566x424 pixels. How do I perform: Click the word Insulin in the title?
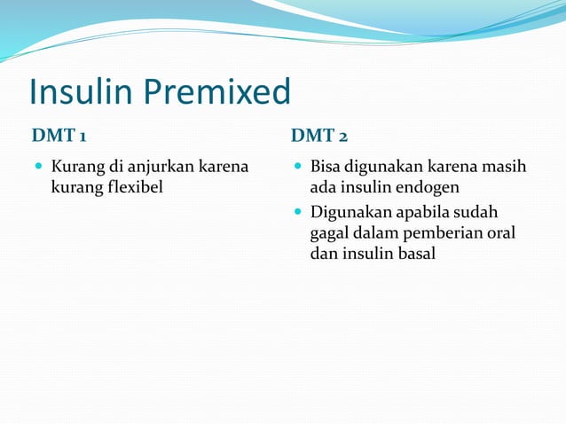pyautogui.click(x=70, y=92)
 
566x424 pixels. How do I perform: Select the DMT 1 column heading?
pyautogui.click(x=59, y=136)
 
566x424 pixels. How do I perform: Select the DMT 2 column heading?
pyautogui.click(x=319, y=136)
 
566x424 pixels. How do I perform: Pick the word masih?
pyautogui.click(x=505, y=167)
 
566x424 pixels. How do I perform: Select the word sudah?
pyautogui.click(x=477, y=213)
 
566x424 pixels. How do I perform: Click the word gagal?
pyautogui.click(x=330, y=233)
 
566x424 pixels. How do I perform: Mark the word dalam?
pyautogui.click(x=376, y=233)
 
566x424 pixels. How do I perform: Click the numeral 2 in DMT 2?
pyautogui.click(x=342, y=136)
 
